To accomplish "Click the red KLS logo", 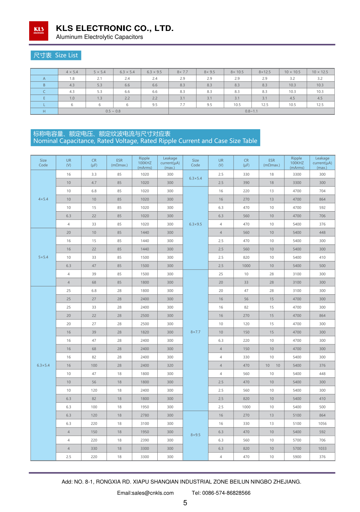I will pyautogui.click(x=39, y=31).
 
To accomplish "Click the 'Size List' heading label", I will pyautogui.click(x=56, y=55).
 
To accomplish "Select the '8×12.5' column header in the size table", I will pyautogui.click(x=265, y=72).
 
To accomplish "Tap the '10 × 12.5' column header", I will pyautogui.click(x=320, y=72).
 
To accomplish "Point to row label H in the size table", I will pyautogui.click(x=44, y=111).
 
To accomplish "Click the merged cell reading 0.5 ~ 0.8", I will pyautogui.click(x=113, y=111).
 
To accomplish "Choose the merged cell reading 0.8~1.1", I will pyautogui.click(x=251, y=111).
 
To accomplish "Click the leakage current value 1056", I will pyautogui.click(x=322, y=423).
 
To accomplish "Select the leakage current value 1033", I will pyautogui.click(x=322, y=448).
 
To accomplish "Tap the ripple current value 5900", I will pyautogui.click(x=297, y=457).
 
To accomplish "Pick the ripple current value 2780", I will pyautogui.click(x=145, y=415).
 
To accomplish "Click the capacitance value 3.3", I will pyautogui.click(x=94, y=175).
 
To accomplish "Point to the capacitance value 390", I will pyautogui.click(x=246, y=183).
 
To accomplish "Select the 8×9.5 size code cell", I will pyautogui.click(x=195, y=435).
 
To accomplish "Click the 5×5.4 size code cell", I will pyautogui.click(x=43, y=257).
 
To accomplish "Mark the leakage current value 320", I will pyautogui.click(x=170, y=366).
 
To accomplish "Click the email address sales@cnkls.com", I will pyautogui.click(x=145, y=493).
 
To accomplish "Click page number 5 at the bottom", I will pyautogui.click(x=185, y=503).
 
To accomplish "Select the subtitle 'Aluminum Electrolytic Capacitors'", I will pyautogui.click(x=99, y=37).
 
